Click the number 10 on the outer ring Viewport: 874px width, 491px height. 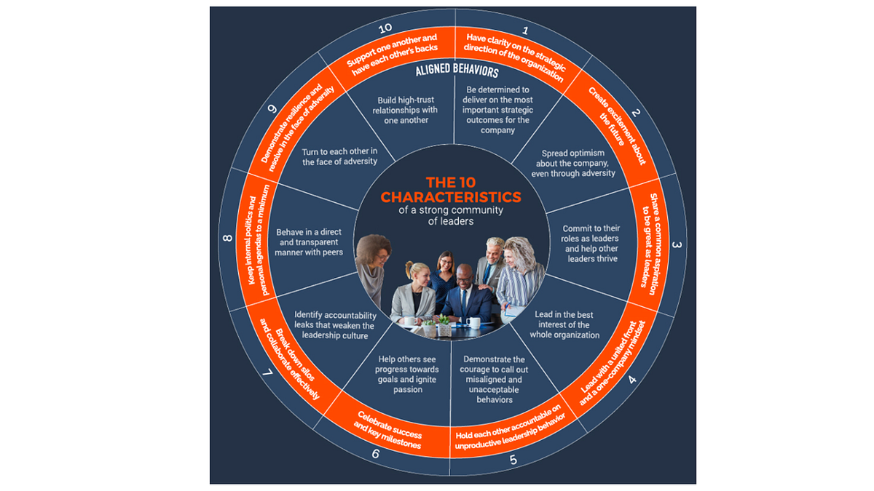click(385, 28)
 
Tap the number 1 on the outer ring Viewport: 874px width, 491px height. click(526, 31)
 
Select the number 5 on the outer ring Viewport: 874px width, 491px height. click(513, 460)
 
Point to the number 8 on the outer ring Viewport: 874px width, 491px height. click(227, 238)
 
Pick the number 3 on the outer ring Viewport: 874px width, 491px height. click(677, 244)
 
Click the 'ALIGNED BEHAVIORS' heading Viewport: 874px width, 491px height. click(457, 70)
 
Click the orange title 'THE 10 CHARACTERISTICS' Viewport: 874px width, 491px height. click(451, 190)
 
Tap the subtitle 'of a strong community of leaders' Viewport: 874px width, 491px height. click(451, 215)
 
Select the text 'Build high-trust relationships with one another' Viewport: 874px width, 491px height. click(406, 111)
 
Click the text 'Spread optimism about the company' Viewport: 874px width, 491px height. click(572, 159)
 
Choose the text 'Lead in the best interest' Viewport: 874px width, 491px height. click(564, 319)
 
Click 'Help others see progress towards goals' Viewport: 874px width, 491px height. click(407, 370)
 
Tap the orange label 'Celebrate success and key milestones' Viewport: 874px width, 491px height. click(388, 431)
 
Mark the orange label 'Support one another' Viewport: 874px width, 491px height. click(391, 49)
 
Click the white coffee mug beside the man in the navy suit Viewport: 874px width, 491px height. click(473, 322)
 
